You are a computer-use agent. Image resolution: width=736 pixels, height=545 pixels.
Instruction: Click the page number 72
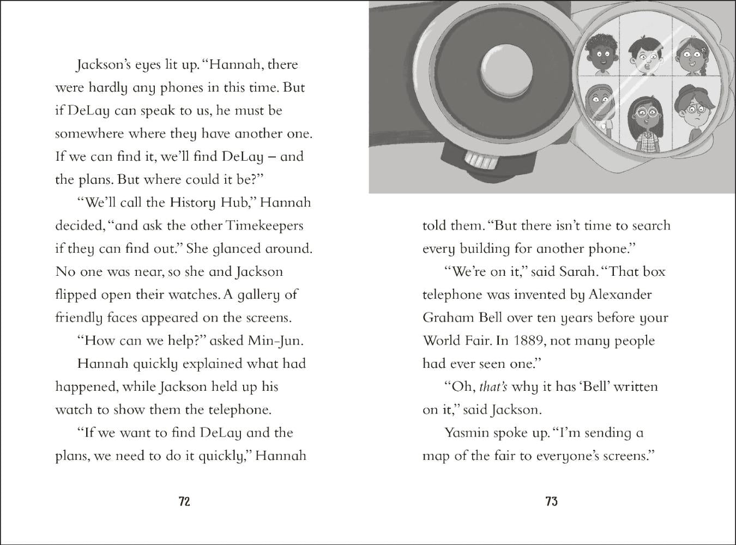tap(184, 501)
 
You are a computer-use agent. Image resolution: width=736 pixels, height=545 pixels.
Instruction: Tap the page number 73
tap(551, 501)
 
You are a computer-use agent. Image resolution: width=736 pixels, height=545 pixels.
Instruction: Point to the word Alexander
tap(620, 295)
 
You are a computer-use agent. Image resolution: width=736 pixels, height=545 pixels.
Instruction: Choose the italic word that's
tap(493, 387)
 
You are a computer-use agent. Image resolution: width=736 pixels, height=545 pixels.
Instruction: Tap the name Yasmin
tap(467, 433)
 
